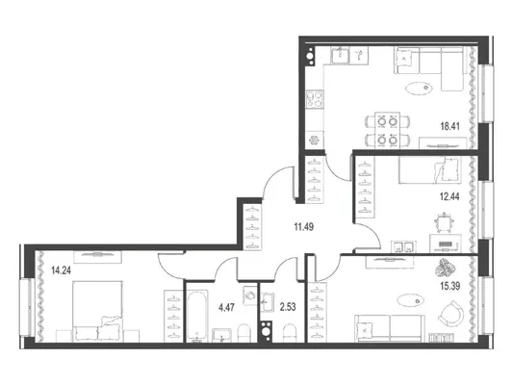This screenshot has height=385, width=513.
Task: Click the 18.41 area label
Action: click(x=449, y=126)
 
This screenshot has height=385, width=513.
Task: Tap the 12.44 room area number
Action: click(x=449, y=196)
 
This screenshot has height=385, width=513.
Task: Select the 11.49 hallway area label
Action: click(x=304, y=227)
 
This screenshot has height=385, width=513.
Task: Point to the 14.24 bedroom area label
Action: click(x=62, y=270)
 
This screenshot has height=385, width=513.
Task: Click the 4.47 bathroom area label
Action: click(x=226, y=307)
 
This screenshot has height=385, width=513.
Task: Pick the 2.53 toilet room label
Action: click(x=288, y=307)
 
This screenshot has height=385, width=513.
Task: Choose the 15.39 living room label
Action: click(x=450, y=286)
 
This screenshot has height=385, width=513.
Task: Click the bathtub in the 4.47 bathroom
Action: click(x=197, y=316)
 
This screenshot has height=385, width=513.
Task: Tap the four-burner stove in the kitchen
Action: click(x=315, y=99)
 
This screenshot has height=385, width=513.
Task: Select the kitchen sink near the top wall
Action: click(x=341, y=55)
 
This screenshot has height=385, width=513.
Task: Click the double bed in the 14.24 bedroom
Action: click(x=97, y=311)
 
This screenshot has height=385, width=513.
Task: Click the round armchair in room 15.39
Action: click(x=451, y=314)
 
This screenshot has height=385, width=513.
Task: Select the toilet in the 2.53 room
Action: click(x=289, y=333)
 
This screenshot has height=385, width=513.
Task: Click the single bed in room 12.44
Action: click(x=430, y=169)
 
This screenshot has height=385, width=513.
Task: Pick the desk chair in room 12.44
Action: click(x=444, y=222)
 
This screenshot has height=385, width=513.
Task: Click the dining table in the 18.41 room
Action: click(x=387, y=130)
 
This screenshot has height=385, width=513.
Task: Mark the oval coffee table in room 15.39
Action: click(x=411, y=300)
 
